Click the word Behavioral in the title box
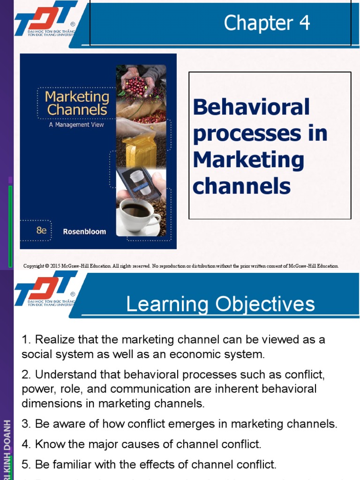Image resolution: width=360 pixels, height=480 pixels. click(x=251, y=107)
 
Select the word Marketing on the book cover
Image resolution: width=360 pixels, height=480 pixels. click(x=76, y=97)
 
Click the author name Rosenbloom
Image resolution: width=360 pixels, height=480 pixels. click(x=84, y=232)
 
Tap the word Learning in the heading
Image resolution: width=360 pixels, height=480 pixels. click(x=167, y=304)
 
